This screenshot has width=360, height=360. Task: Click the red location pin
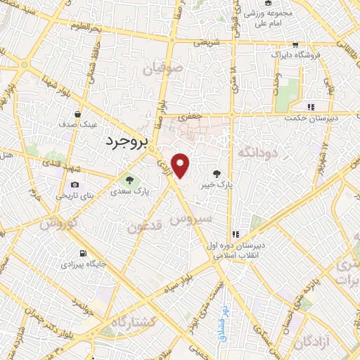click(181, 165)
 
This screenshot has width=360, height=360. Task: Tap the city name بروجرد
click(127, 141)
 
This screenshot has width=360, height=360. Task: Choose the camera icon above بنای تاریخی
click(75, 185)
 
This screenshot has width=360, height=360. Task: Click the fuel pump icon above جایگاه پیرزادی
click(83, 253)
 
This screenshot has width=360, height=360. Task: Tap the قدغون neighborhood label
click(147, 226)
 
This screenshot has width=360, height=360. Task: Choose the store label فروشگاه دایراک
click(299, 54)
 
